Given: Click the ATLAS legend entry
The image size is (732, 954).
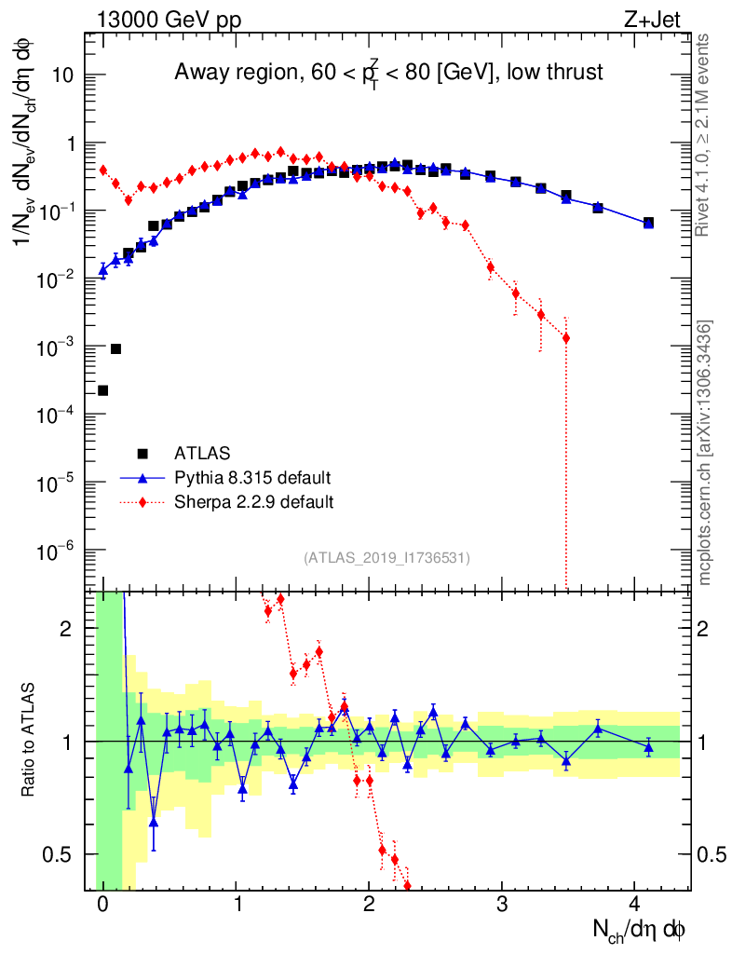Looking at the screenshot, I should click(195, 454).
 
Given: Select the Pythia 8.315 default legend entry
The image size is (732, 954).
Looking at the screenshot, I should click(252, 478).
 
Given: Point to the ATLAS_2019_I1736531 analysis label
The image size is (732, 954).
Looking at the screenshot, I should click(386, 558).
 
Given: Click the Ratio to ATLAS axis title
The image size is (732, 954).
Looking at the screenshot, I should click(30, 740).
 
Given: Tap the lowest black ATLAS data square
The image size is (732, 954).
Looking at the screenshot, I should click(102, 390).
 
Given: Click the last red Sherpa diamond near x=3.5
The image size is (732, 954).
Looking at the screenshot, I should click(566, 338).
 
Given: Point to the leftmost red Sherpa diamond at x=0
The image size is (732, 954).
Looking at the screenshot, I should click(102, 170).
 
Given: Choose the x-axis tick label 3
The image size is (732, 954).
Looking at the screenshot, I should click(502, 905).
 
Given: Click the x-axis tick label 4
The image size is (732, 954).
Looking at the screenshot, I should click(635, 905).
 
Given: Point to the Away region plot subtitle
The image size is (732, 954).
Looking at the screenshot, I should click(388, 73).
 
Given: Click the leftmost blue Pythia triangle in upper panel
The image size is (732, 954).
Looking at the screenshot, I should click(102, 270).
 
